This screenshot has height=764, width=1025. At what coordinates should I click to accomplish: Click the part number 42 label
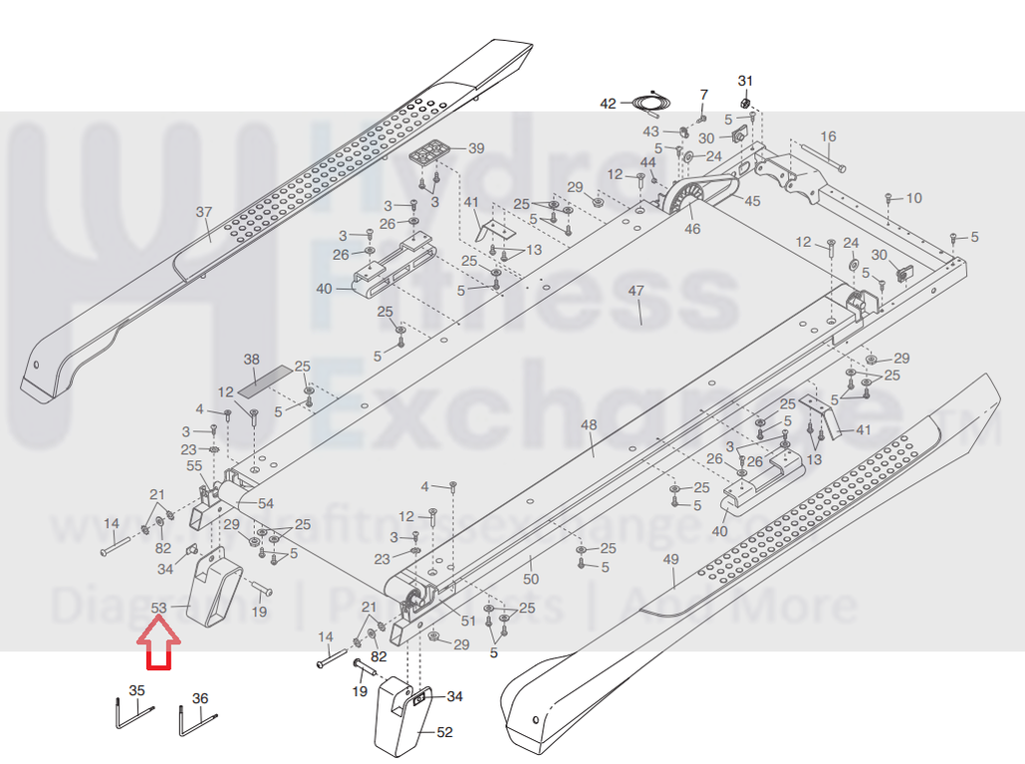click(608, 103)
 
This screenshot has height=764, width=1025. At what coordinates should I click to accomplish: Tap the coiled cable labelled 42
click(650, 103)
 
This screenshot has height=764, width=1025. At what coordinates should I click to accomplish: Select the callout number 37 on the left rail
click(203, 212)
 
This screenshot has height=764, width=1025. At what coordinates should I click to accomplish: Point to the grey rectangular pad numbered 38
click(270, 376)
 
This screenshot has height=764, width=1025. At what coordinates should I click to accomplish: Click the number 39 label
click(476, 148)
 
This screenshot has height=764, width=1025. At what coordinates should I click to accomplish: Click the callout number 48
click(589, 425)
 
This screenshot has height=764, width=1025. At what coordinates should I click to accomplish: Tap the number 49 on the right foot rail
click(669, 560)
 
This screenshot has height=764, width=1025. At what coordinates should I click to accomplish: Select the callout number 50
click(531, 578)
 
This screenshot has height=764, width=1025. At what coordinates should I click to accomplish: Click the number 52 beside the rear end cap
click(444, 732)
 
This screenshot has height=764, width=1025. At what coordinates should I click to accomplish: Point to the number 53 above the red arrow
click(159, 608)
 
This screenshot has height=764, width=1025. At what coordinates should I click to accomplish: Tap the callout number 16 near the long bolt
click(828, 136)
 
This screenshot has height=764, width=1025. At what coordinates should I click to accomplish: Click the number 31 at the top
click(745, 80)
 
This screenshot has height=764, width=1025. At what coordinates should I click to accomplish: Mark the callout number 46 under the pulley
click(692, 229)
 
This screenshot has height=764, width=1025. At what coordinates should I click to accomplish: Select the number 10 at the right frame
click(913, 198)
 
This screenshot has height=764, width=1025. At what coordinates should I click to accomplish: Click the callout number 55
click(194, 465)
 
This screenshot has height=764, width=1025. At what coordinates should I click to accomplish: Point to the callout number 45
click(751, 202)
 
